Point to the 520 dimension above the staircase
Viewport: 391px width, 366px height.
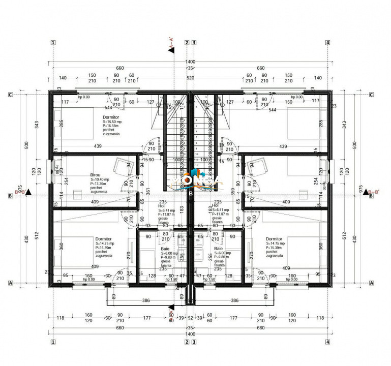(x=191, y=78)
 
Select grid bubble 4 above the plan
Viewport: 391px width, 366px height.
(x=328, y=43)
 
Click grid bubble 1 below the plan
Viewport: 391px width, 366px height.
(x=53, y=342)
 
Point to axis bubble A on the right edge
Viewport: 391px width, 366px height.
(x=371, y=283)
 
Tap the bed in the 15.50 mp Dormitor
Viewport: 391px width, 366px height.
(x=76, y=123)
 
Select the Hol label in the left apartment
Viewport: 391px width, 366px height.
(x=162, y=205)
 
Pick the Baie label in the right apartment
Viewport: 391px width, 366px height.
(x=218, y=249)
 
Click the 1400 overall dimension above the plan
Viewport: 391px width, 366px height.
(x=191, y=60)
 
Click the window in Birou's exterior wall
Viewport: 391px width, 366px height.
(x=50, y=171)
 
